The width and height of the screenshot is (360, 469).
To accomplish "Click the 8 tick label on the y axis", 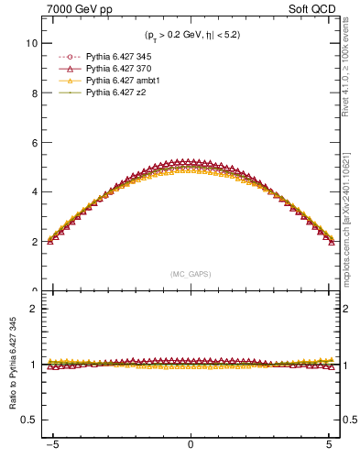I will [33, 93].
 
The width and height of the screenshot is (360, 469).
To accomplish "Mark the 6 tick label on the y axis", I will [33, 142].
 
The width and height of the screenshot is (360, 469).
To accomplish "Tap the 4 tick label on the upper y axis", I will [33, 192].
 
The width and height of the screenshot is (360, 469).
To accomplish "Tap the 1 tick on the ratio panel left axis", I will [33, 365].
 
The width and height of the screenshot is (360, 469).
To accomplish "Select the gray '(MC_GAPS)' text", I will [190, 274].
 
